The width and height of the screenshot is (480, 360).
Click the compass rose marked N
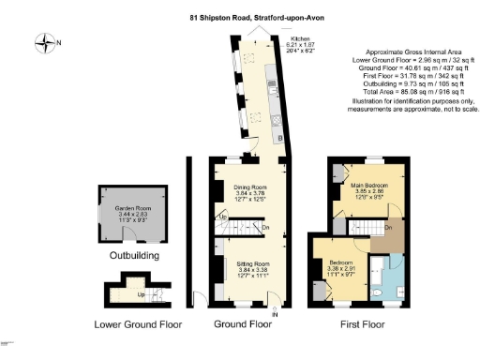(x=44, y=40)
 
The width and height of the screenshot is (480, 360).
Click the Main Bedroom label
(x=369, y=186)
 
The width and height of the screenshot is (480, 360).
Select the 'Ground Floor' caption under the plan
(x=242, y=325)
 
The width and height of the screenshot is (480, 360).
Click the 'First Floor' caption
(x=361, y=325)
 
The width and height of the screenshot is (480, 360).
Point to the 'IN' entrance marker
(x=275, y=314)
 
